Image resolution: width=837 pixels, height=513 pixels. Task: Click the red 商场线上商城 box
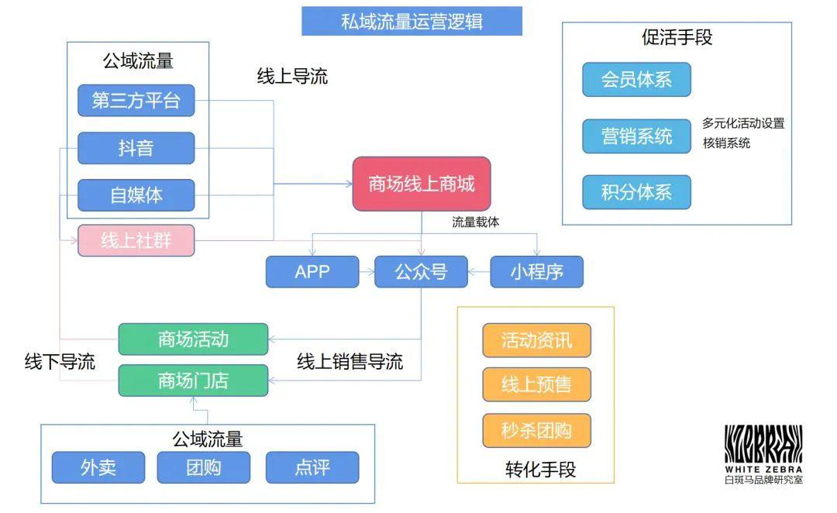click(x=422, y=184)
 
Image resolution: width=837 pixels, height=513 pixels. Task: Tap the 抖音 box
click(x=136, y=148)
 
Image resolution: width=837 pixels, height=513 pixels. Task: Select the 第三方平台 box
click(x=136, y=101)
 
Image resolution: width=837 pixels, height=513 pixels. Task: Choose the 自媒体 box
click(x=136, y=195)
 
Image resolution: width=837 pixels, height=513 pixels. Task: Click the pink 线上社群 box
click(x=136, y=240)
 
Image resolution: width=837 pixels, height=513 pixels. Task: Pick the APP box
click(x=312, y=272)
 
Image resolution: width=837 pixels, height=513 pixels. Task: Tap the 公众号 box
click(x=421, y=272)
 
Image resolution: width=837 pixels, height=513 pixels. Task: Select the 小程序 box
click(x=536, y=272)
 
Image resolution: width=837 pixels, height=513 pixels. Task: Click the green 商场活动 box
click(x=193, y=339)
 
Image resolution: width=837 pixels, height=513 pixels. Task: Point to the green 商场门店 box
click(x=193, y=380)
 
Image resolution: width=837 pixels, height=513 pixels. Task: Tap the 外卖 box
click(x=98, y=467)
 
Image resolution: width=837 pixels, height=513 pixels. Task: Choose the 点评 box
click(x=312, y=467)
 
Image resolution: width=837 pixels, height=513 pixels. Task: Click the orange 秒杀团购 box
click(x=536, y=430)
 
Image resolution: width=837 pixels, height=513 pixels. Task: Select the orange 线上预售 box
click(x=536, y=384)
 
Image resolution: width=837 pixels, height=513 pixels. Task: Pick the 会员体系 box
click(x=636, y=80)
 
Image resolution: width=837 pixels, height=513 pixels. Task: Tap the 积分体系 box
click(x=636, y=192)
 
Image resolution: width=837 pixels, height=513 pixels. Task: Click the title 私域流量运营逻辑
click(x=412, y=22)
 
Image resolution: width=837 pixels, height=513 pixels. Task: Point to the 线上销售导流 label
click(x=350, y=361)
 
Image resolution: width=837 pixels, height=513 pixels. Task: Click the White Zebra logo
click(x=763, y=454)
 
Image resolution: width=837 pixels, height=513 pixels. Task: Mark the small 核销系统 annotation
click(x=726, y=143)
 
